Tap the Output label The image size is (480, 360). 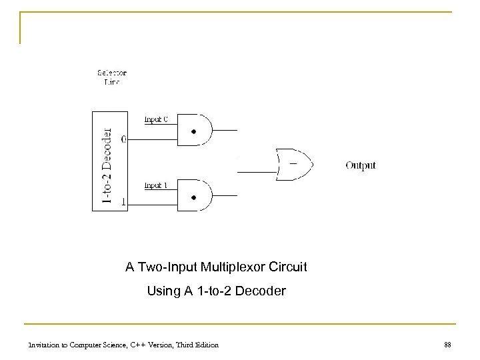(361, 165)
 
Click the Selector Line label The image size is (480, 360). (112, 77)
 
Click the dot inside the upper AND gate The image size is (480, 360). (193, 132)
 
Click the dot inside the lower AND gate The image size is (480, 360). (193, 197)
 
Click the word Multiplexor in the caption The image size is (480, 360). (221, 268)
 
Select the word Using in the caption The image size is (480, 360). (161, 291)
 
